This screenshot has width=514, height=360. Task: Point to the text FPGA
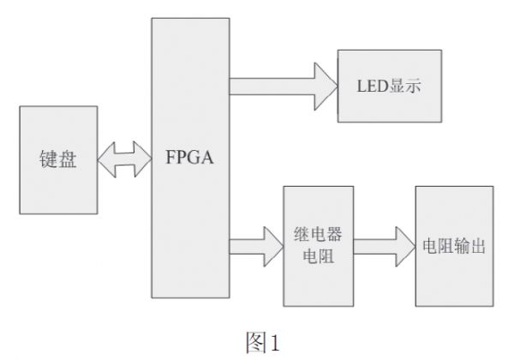(190, 159)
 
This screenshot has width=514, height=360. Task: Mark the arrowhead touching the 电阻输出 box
(404, 247)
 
